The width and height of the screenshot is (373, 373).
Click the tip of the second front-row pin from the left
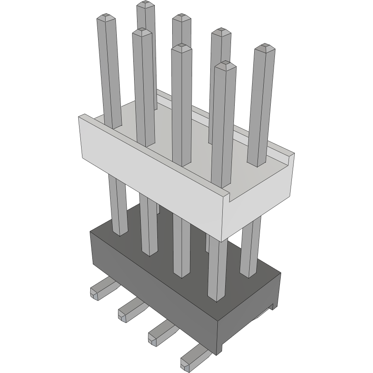click(x=142, y=31)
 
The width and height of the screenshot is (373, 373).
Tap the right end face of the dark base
click(x=248, y=315)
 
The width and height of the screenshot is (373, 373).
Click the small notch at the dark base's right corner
click(x=273, y=306)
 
